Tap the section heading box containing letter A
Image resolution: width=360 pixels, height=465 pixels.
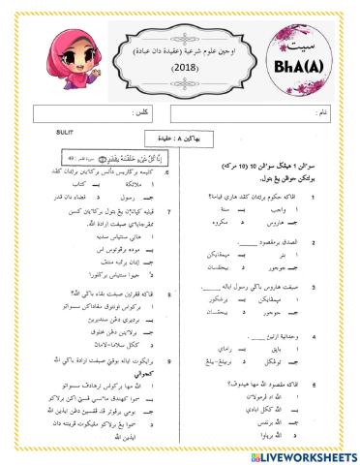[179, 139]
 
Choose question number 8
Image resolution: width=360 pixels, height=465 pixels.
[168, 293]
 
